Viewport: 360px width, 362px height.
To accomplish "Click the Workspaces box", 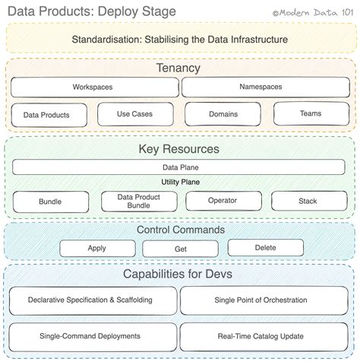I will (93, 87).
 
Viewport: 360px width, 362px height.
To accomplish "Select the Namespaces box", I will (261, 87).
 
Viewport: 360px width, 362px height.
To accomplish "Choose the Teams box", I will (310, 113).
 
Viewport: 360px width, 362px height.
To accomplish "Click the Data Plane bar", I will (179, 167).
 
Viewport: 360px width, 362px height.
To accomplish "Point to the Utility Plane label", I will (179, 183).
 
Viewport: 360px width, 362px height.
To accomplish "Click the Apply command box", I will (96, 248).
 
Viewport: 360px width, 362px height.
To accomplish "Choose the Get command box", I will (180, 249).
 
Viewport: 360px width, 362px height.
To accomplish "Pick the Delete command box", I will (265, 247).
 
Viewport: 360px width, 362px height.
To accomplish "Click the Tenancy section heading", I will (179, 68).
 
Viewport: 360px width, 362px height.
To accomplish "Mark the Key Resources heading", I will (179, 148).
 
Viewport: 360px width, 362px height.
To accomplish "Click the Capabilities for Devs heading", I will (179, 275).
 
